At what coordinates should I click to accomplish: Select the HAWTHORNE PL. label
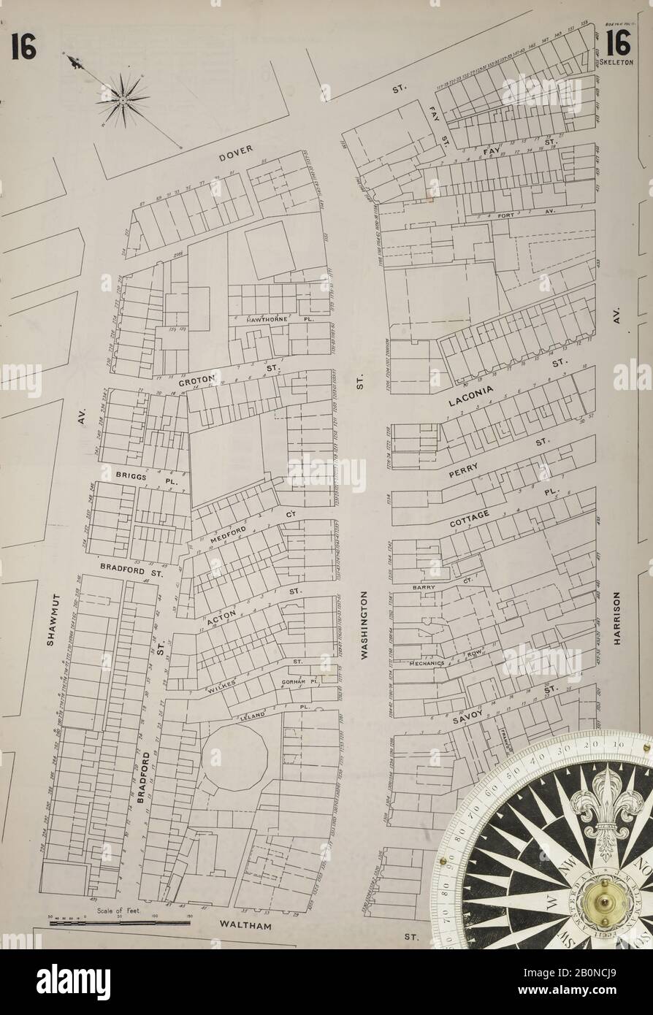(x=270, y=320)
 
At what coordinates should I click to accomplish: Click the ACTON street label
(x=221, y=617)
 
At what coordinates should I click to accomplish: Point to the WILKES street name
(x=218, y=686)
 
